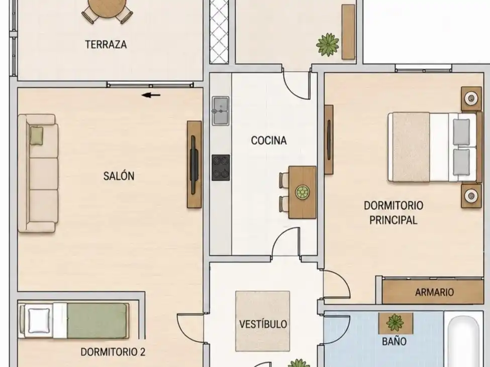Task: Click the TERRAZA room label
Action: tap(106, 44)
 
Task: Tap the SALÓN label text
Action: tap(119, 176)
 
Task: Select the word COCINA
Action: tap(269, 141)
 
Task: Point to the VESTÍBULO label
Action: tap(263, 324)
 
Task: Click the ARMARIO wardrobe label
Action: tap(434, 292)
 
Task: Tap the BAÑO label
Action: tap(395, 341)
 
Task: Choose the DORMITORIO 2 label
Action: tap(113, 352)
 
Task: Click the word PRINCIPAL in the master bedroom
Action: tap(393, 220)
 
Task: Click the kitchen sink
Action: tap(221, 111)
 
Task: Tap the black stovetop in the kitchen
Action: tap(221, 168)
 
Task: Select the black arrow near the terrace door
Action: tap(151, 95)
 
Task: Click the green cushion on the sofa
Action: tap(37, 136)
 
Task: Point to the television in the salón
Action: tap(194, 165)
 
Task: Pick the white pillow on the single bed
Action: tap(39, 321)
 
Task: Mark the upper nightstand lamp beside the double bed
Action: tap(471, 98)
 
